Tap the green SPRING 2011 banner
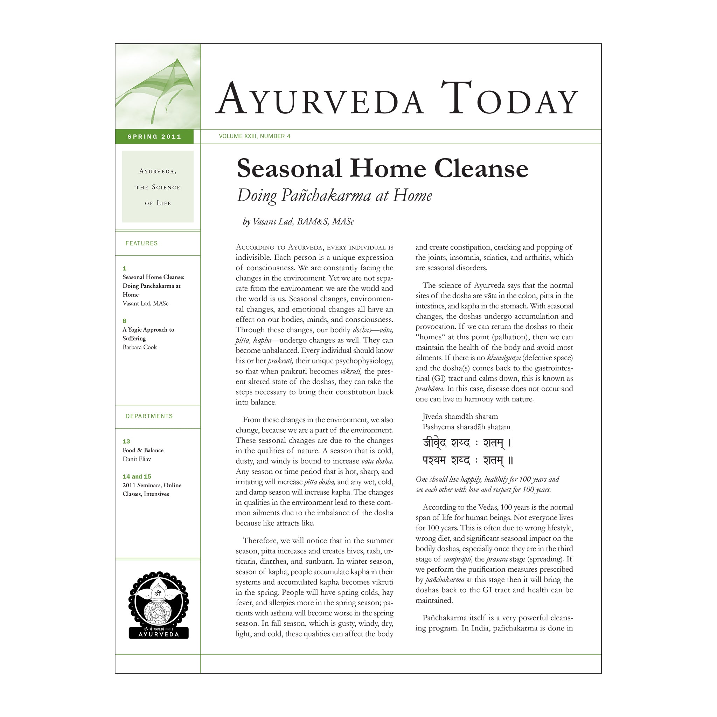point(154,137)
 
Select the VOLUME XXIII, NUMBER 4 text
point(255,136)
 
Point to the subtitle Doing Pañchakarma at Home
point(334,196)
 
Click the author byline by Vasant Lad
point(298,222)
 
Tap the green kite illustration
point(160,87)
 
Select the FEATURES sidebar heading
point(141,243)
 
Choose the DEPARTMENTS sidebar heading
point(149,416)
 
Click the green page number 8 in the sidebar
point(125,321)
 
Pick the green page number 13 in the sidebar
point(126,441)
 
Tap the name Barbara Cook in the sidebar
point(140,347)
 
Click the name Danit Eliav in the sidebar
point(137,459)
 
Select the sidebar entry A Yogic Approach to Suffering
point(148,334)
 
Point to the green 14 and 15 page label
point(137,476)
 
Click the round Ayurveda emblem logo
point(159,605)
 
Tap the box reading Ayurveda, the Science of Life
point(158,187)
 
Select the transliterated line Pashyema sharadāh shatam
point(466,427)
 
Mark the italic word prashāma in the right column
point(429,389)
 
